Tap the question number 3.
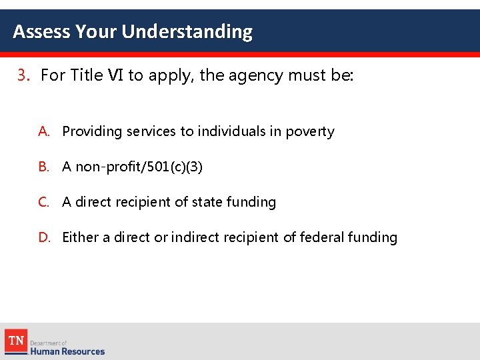pyautogui.click(x=24, y=75)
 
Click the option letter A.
pyautogui.click(x=43, y=131)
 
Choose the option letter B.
pyautogui.click(x=43, y=167)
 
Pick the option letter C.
pyautogui.click(x=43, y=202)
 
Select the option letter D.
pyautogui.click(x=43, y=237)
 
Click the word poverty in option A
pyautogui.click(x=309, y=132)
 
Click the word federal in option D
pyautogui.click(x=320, y=237)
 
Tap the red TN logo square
pyautogui.click(x=16, y=341)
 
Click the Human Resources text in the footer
pyautogui.click(x=67, y=351)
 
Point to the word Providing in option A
pyautogui.click(x=89, y=131)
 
